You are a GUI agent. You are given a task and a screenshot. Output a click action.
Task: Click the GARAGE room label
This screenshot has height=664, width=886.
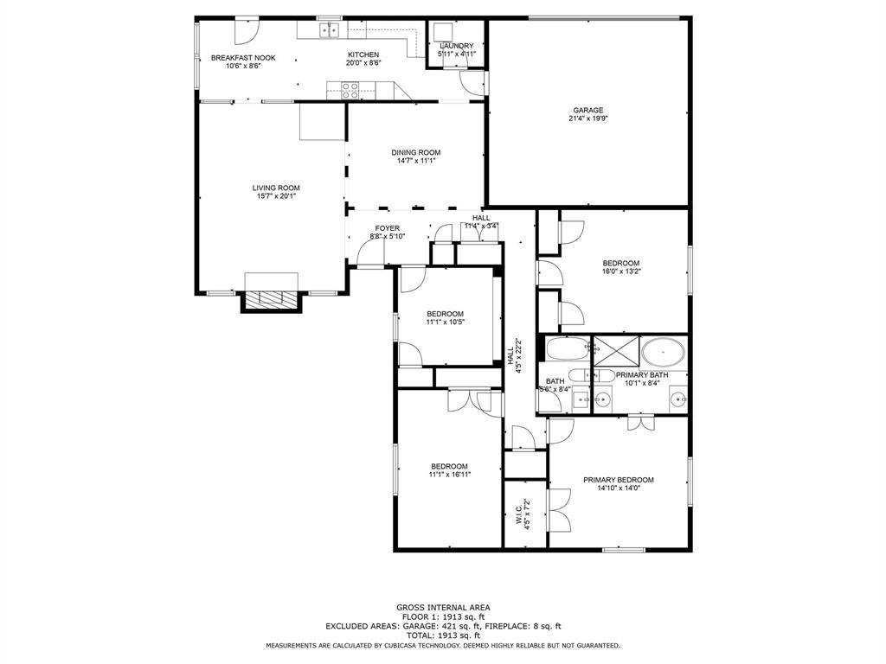tap(587, 110)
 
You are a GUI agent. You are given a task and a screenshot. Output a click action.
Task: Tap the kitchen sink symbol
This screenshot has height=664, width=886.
tap(329, 31)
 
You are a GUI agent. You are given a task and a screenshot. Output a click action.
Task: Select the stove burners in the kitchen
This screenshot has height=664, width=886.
tap(350, 90)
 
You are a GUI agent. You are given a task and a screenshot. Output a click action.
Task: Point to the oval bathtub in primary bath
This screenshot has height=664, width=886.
tap(663, 353)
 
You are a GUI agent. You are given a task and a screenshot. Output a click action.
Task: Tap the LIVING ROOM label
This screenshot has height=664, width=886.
tap(276, 188)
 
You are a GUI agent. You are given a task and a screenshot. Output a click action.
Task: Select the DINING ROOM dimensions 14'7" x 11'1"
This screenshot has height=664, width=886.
tap(416, 161)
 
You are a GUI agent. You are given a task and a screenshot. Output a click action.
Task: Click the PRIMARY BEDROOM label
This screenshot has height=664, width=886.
tap(618, 480)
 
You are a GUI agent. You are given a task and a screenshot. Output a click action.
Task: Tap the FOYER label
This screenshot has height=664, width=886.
tap(387, 228)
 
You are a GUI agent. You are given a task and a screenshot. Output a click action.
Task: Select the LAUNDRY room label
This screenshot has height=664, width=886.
tap(456, 46)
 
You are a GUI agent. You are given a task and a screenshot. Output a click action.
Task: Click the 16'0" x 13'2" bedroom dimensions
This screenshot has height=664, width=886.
tap(621, 271)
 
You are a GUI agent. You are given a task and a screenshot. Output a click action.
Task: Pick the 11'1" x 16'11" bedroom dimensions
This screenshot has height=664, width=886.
tap(449, 475)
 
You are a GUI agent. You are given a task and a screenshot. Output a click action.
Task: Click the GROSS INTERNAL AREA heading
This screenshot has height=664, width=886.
tap(442, 608)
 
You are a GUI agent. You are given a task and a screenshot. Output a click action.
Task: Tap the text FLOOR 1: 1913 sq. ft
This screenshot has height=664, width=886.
tap(442, 616)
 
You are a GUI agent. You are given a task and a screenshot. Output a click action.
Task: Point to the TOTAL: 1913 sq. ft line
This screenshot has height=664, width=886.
tap(442, 635)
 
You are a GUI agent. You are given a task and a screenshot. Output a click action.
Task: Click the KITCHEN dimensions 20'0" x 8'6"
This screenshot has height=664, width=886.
tap(363, 63)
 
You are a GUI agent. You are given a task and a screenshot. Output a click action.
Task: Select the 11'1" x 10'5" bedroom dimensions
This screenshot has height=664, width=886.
tap(445, 322)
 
